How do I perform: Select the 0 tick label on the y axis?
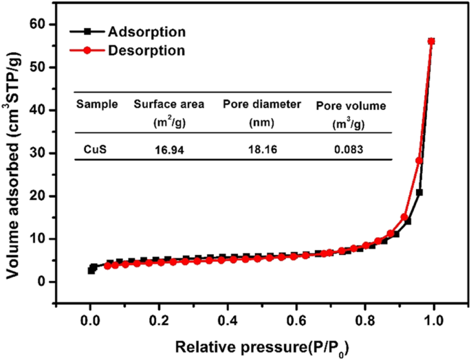50,282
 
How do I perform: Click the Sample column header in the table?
97,104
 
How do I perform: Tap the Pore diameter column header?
262,104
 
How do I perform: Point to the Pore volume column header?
351,106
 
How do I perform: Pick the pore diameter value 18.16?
262,147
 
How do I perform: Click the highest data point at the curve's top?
432,41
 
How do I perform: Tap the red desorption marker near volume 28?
419,161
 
